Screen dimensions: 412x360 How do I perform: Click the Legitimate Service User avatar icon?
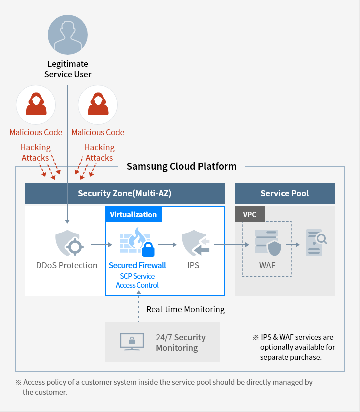[67, 35]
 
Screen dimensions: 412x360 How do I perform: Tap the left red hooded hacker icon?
[36, 105]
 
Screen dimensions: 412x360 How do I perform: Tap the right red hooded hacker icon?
[98, 105]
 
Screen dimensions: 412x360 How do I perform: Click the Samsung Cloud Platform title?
[182, 166]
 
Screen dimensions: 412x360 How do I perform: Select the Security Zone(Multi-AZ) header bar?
[125, 193]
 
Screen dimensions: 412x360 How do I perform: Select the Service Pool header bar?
[285, 193]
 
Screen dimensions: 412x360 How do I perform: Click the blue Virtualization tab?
[133, 215]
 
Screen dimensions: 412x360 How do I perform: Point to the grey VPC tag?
[250, 214]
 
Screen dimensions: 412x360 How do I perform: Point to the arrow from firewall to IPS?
[168, 245]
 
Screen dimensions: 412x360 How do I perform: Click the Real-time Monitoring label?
[185, 310]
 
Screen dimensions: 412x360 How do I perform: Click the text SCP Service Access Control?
[137, 281]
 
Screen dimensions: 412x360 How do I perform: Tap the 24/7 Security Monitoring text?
[180, 343]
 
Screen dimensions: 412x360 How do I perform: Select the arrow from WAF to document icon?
[292, 245]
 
